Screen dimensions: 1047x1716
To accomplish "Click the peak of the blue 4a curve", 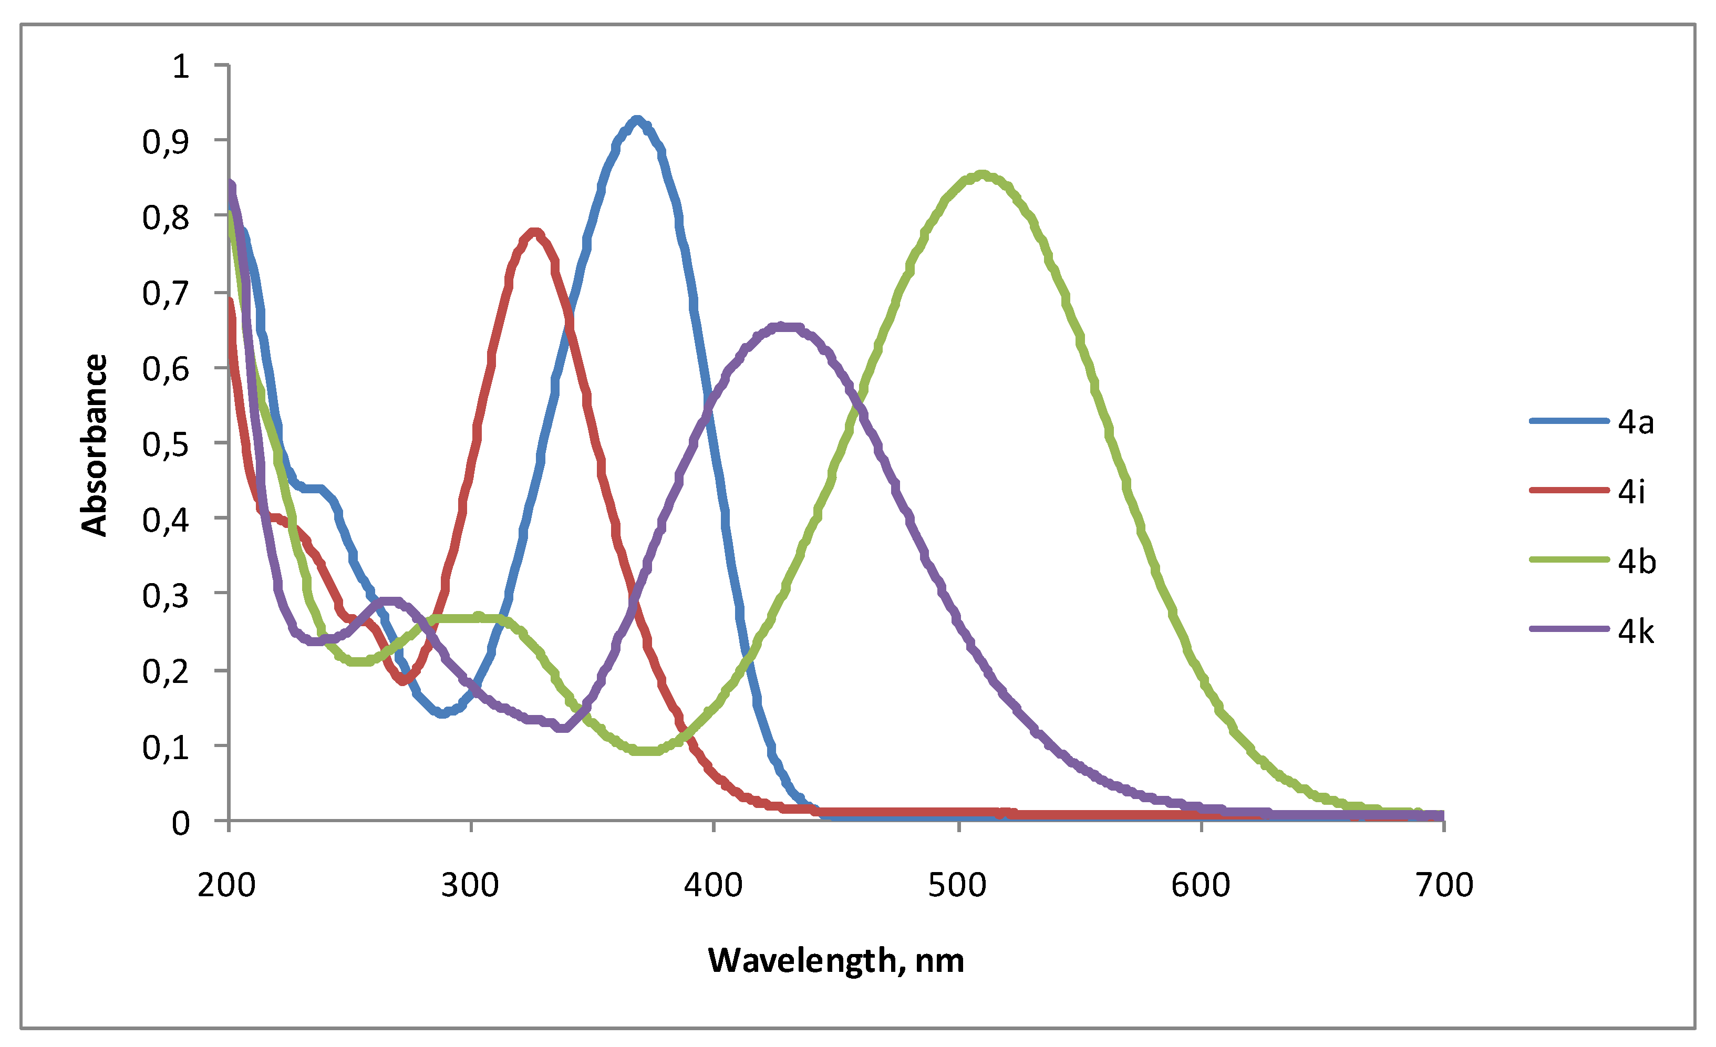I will pyautogui.click(x=636, y=120).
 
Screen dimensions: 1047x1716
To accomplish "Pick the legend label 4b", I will pyautogui.click(x=1636, y=561).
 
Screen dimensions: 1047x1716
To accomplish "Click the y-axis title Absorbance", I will pyautogui.click(x=94, y=445).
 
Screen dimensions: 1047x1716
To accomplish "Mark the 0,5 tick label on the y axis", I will pyautogui.click(x=166, y=444).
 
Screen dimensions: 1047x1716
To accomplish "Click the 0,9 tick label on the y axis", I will pyautogui.click(x=166, y=142).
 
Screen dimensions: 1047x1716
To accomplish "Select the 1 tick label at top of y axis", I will pyautogui.click(x=180, y=66).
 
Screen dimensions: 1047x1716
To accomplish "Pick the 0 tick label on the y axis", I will pyautogui.click(x=180, y=823).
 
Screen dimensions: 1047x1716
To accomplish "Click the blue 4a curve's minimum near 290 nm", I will pyautogui.click(x=442, y=713).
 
